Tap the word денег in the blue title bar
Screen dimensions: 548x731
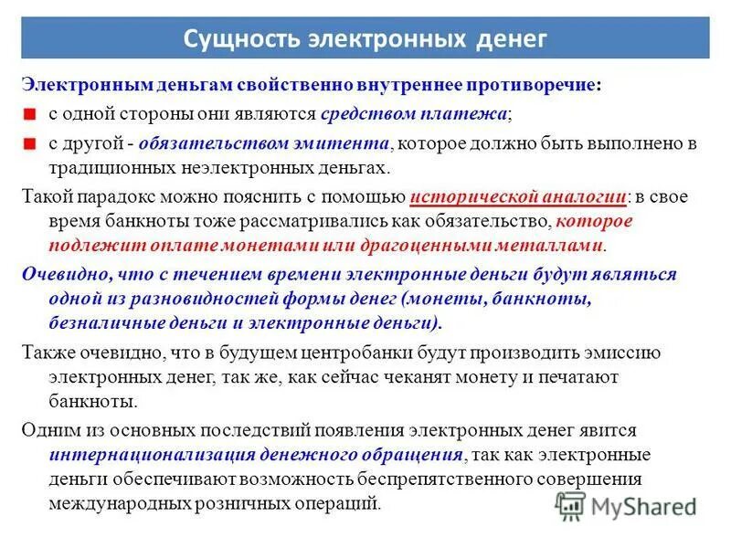pyautogui.click(x=511, y=39)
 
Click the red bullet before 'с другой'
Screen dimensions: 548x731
pyautogui.click(x=30, y=144)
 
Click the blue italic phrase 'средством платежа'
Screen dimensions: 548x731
pyautogui.click(x=414, y=114)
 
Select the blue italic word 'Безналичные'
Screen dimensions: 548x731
pyautogui.click(x=98, y=323)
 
